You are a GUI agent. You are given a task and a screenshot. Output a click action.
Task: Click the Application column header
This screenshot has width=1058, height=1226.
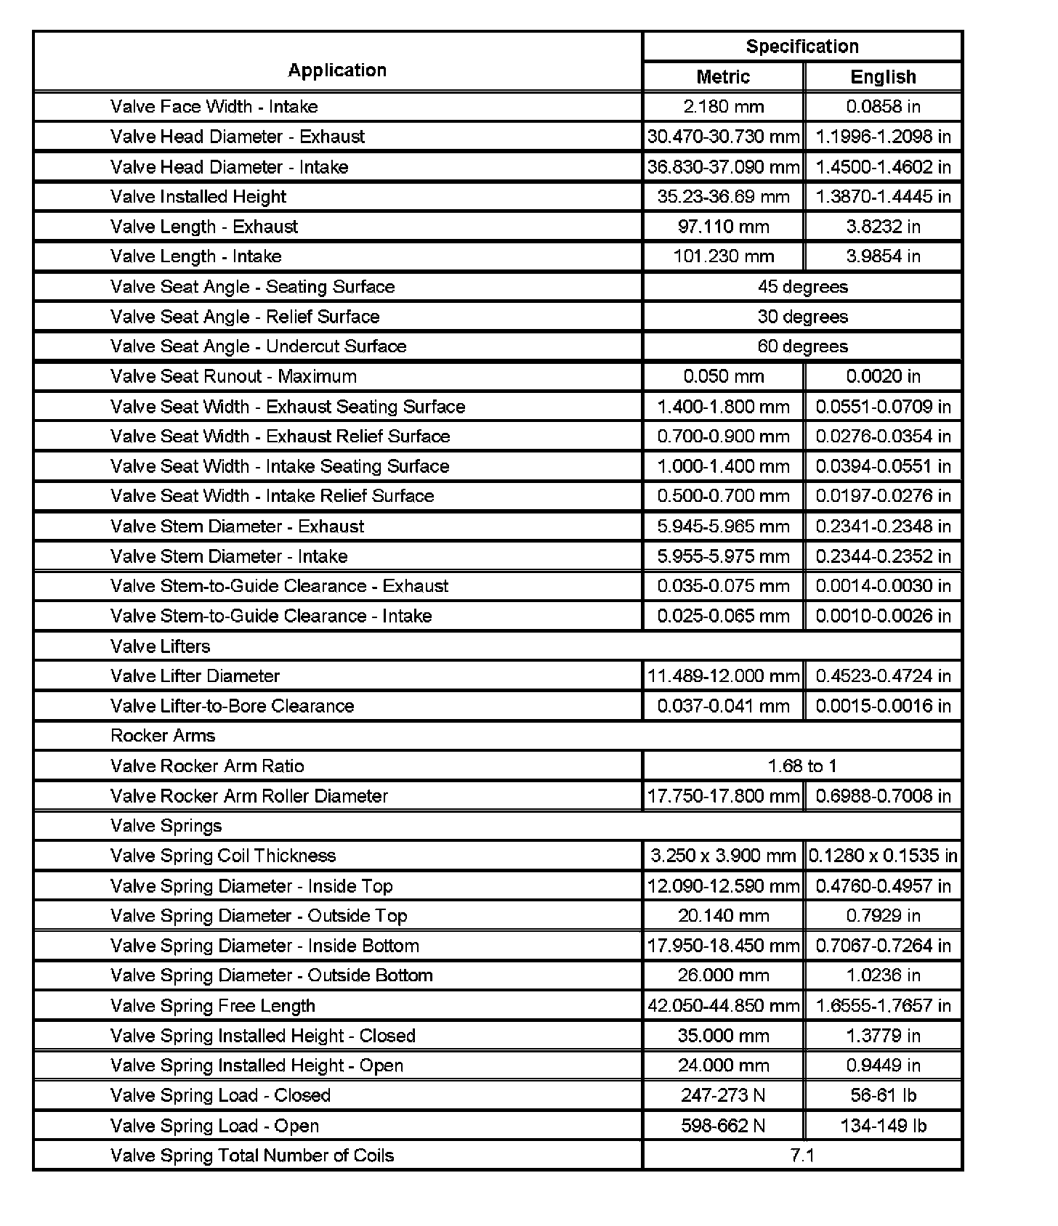337,70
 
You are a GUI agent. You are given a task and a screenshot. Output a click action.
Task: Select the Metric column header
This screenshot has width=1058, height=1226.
723,77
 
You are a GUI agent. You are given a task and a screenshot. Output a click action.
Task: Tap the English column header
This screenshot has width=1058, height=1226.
883,77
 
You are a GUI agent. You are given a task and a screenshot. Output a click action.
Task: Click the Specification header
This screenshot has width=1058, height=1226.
802,46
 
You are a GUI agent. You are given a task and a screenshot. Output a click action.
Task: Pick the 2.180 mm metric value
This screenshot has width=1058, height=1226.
723,107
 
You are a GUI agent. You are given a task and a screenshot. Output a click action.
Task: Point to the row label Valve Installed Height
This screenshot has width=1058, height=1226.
198,197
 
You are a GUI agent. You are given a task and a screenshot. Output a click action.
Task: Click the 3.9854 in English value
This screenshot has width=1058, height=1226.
883,256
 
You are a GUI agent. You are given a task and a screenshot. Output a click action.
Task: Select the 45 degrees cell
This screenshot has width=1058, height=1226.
802,287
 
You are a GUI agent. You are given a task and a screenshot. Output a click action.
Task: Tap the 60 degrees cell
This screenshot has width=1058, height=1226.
802,346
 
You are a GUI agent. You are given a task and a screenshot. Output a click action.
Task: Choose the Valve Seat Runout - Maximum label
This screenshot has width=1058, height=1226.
233,376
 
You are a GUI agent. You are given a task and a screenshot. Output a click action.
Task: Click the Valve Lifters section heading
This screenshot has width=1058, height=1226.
160,646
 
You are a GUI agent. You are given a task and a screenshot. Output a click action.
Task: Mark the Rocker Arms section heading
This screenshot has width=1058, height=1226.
163,736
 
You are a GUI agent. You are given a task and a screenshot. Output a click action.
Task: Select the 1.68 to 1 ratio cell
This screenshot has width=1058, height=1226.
802,766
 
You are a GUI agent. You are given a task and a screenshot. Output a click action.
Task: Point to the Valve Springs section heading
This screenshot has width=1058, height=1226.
166,826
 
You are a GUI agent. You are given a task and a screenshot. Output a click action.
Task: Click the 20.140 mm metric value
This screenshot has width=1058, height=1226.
723,916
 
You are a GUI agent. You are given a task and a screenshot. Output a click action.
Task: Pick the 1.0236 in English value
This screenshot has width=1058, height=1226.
883,975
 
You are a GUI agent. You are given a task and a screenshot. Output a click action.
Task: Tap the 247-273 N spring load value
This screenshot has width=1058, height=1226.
723,1095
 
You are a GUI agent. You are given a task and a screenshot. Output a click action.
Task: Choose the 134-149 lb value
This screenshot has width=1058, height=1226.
883,1126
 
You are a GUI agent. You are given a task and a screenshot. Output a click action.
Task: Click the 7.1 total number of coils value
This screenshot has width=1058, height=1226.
802,1156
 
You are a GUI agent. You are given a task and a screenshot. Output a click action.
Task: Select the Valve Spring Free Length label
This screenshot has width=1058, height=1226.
213,1006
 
